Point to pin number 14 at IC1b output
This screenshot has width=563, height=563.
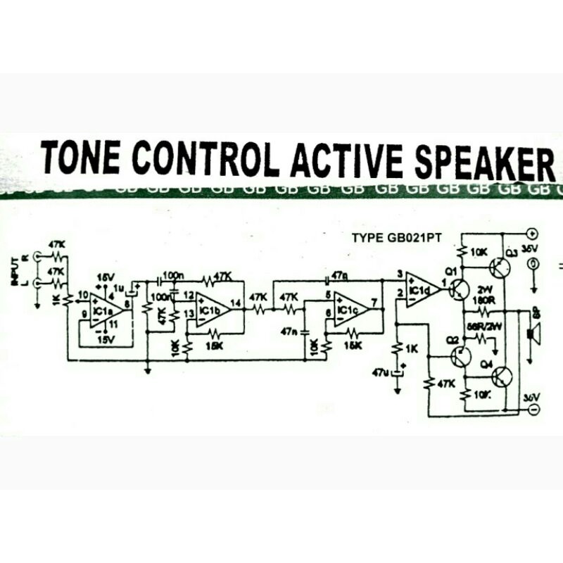click(234, 303)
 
